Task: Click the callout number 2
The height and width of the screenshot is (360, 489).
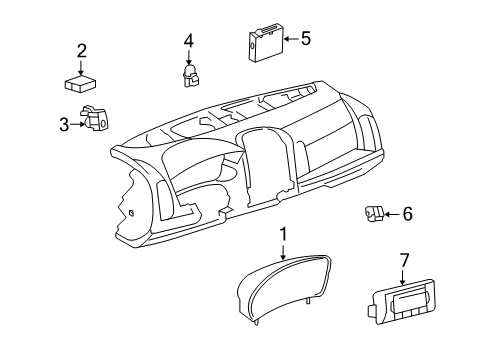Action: click(x=82, y=50)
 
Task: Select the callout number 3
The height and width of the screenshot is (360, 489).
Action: click(x=64, y=124)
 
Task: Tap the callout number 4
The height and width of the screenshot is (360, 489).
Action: click(x=188, y=41)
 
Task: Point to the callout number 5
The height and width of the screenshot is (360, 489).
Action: click(x=306, y=39)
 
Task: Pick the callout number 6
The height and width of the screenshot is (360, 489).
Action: click(x=407, y=214)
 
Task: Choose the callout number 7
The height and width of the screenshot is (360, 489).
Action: click(x=404, y=260)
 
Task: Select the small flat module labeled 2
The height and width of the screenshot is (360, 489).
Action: click(x=80, y=84)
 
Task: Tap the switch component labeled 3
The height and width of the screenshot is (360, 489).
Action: click(x=95, y=121)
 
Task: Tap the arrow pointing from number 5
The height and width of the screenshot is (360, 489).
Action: click(x=290, y=39)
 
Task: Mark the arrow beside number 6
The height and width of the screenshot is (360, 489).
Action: click(x=392, y=214)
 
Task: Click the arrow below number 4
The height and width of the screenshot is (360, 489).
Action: click(x=188, y=57)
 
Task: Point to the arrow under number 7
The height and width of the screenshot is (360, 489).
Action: click(x=404, y=277)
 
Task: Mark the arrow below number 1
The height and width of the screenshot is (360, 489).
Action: click(x=283, y=252)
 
